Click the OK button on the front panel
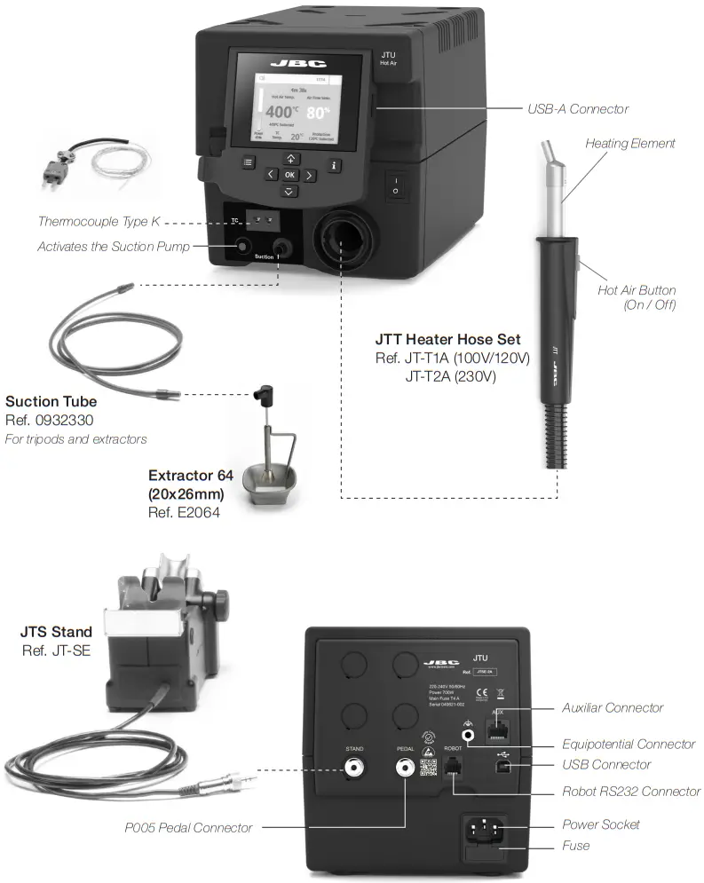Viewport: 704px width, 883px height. pyautogui.click(x=289, y=175)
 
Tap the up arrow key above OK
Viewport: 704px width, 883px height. pyautogui.click(x=289, y=158)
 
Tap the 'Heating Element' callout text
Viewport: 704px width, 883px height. pyautogui.click(x=629, y=143)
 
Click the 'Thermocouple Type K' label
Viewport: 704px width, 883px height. pyautogui.click(x=99, y=221)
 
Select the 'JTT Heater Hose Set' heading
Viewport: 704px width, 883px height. pyautogui.click(x=447, y=339)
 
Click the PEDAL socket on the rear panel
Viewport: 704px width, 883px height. pyautogui.click(x=406, y=768)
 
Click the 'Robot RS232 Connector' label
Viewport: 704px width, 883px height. pyautogui.click(x=630, y=791)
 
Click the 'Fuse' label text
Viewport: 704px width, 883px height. pyautogui.click(x=575, y=846)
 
